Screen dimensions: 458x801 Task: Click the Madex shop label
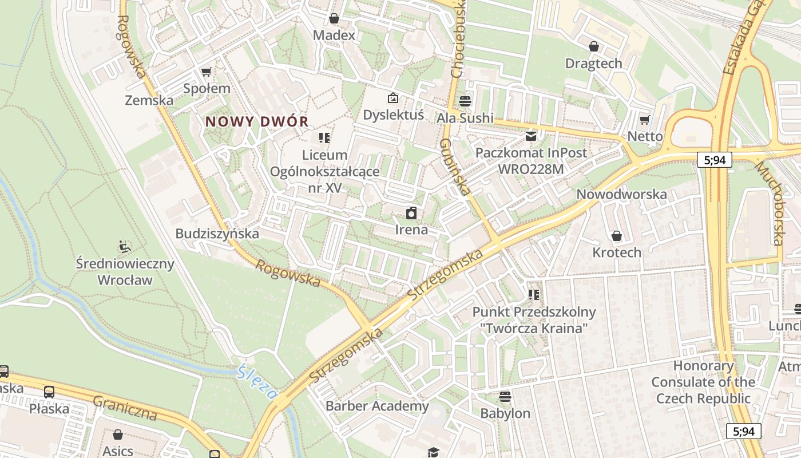coord(334,35)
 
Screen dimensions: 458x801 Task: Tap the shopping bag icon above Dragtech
coord(594,46)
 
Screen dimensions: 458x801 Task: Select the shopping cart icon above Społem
coord(207,72)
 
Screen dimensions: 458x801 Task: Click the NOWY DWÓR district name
coord(257,121)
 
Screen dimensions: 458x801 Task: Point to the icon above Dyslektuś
coord(392,98)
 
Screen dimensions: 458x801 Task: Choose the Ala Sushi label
coord(465,118)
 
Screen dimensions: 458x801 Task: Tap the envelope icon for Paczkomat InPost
coord(531,136)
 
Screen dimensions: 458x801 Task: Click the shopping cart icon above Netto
coord(645,120)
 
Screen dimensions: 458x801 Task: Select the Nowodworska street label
coord(621,194)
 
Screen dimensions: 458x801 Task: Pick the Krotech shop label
coord(617,252)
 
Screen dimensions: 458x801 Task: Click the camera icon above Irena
coord(411,214)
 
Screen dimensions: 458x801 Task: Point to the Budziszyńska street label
coord(217,234)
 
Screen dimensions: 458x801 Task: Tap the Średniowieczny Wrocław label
coord(125,272)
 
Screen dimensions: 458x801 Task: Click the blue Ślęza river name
coord(257,382)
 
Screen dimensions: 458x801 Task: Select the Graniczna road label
coord(125,408)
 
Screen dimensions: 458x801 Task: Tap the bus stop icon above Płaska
coord(49,392)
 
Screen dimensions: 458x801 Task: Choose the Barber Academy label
coord(377,406)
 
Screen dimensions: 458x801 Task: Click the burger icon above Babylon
coord(505,397)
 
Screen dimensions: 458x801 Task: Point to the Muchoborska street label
coord(770,203)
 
